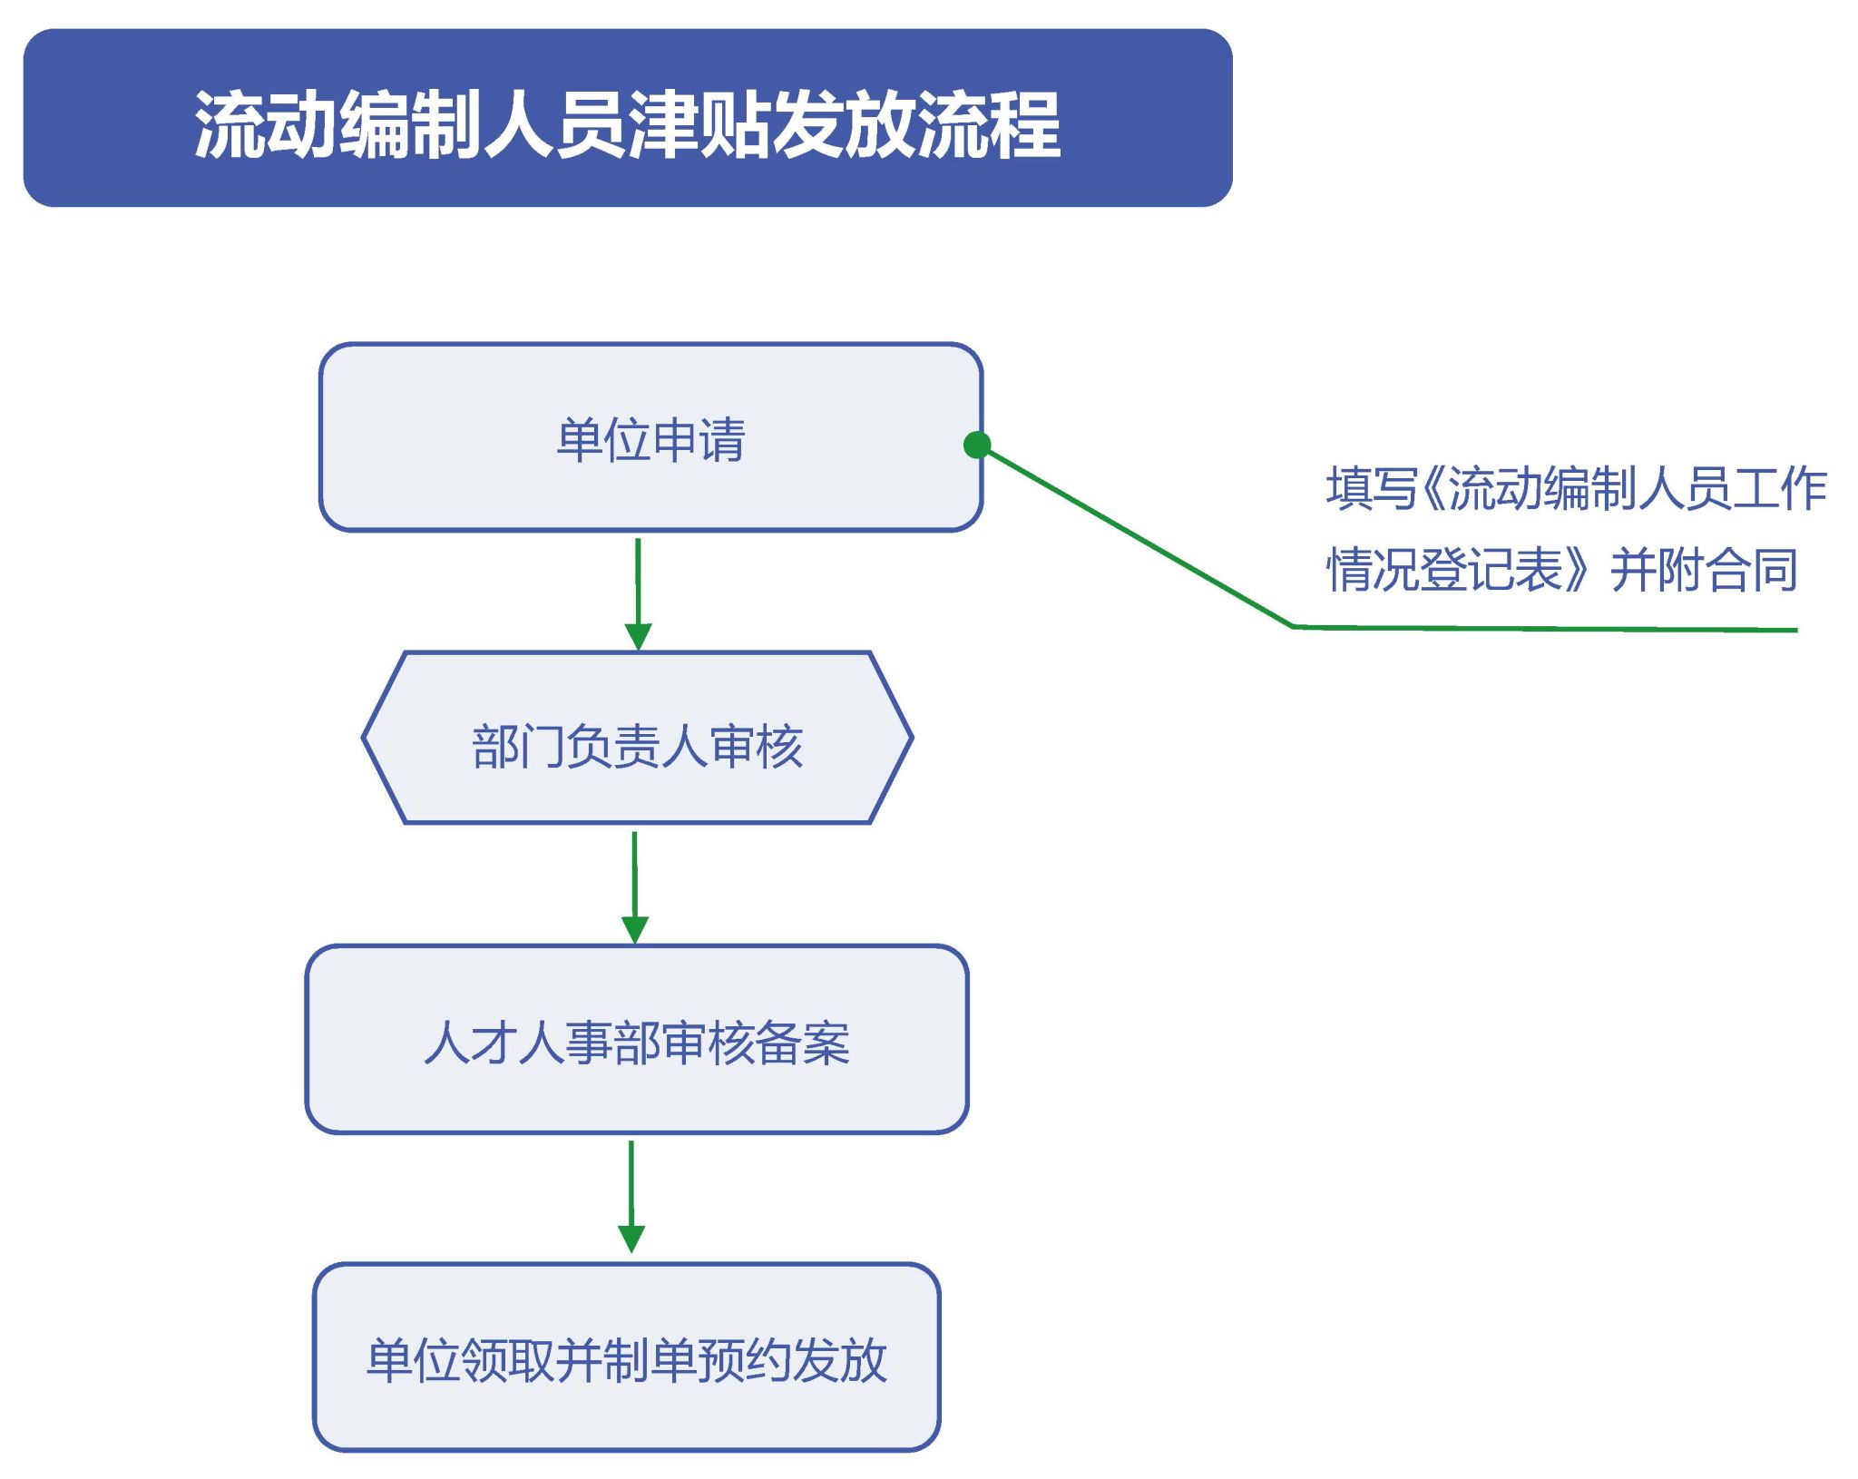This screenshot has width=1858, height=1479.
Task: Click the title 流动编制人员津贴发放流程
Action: pyautogui.click(x=627, y=124)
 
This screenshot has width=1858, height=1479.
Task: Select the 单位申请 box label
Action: pyautogui.click(x=650, y=440)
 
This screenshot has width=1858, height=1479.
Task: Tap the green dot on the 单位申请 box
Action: pyautogui.click(x=977, y=445)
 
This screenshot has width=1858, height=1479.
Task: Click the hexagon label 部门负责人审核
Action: pyautogui.click(x=637, y=747)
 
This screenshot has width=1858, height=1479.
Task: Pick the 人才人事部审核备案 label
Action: pyautogui.click(x=637, y=1043)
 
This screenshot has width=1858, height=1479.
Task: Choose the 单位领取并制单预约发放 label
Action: pyautogui.click(x=626, y=1360)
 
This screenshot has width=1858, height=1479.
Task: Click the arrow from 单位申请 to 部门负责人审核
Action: pyautogui.click(x=638, y=594)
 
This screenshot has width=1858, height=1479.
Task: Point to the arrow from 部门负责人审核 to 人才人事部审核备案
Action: pyautogui.click(x=634, y=887)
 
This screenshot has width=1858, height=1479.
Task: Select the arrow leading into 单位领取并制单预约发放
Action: pyautogui.click(x=631, y=1197)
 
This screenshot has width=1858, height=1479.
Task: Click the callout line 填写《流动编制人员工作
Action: pyautogui.click(x=1576, y=488)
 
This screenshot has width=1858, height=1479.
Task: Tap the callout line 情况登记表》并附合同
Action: pyautogui.click(x=1562, y=570)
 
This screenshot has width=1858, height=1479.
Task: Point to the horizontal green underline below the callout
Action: pyautogui.click(x=1545, y=628)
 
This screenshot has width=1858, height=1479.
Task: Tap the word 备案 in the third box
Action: pyautogui.click(x=803, y=1043)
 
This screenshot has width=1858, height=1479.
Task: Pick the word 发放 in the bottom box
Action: pyautogui.click(x=840, y=1360)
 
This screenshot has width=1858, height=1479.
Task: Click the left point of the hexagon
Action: pyautogui.click(x=364, y=738)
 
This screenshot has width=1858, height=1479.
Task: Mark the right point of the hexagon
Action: pyautogui.click(x=912, y=738)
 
